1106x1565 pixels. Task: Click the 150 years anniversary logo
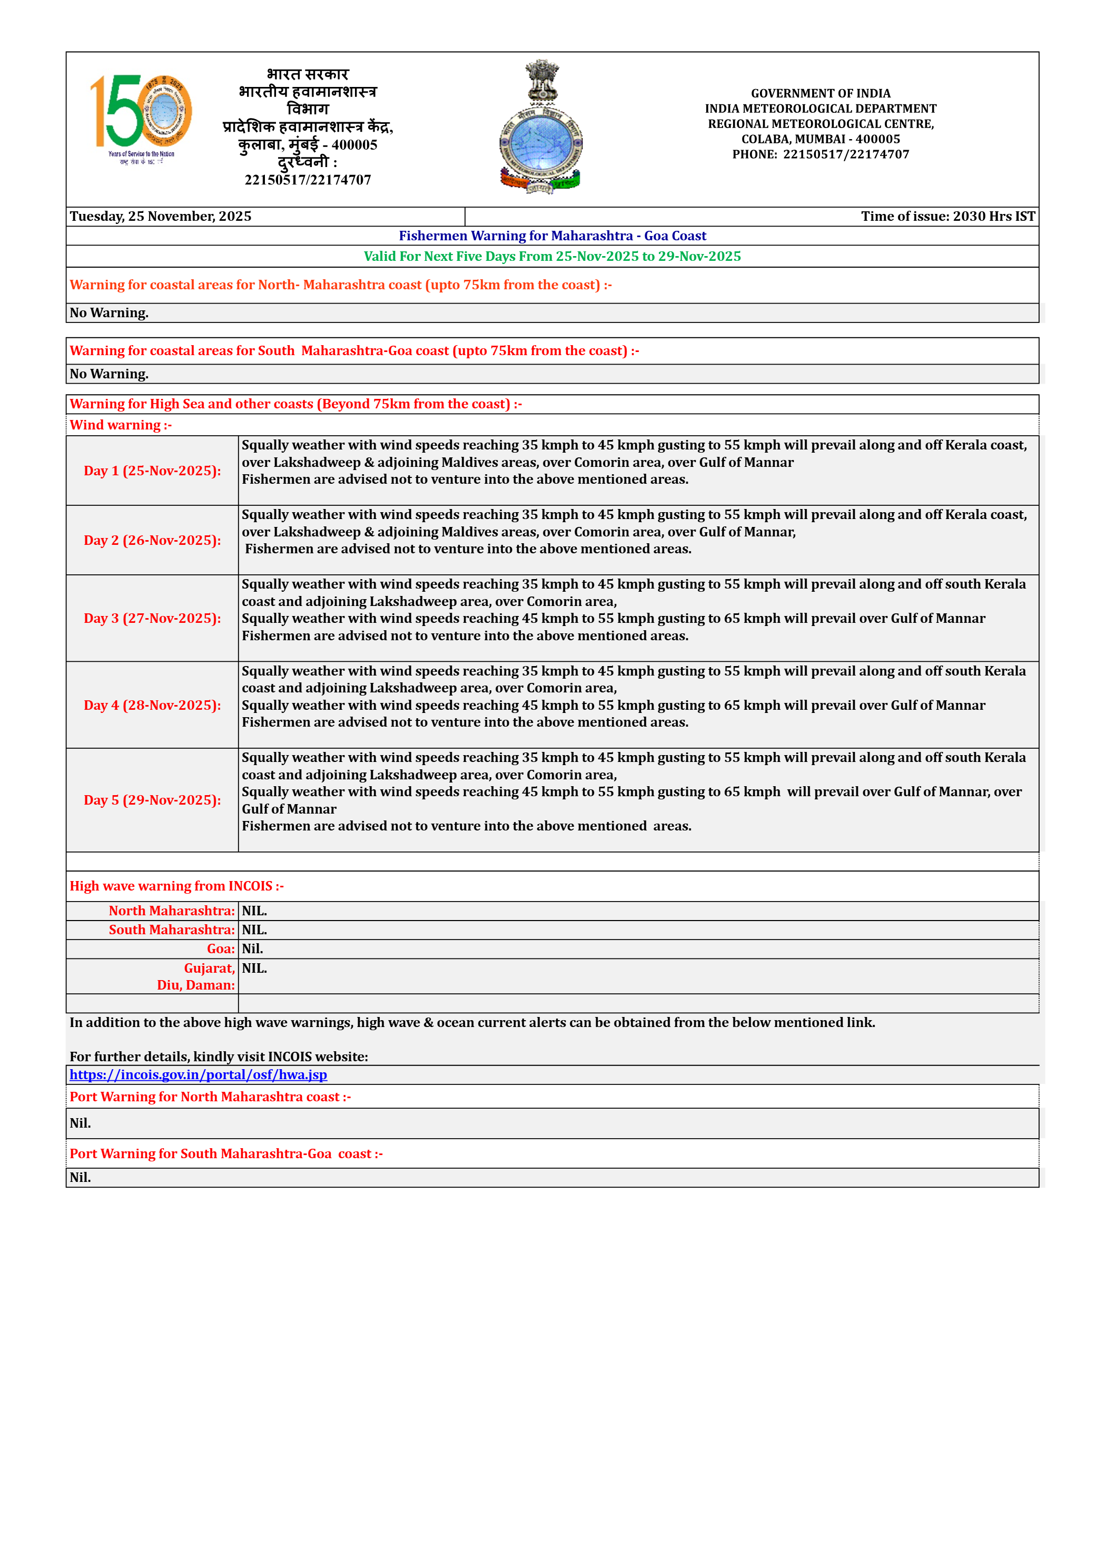coord(141,118)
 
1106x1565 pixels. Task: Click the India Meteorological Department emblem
coord(540,128)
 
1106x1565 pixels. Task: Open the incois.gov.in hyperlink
coord(199,1075)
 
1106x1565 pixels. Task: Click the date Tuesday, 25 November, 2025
coord(161,217)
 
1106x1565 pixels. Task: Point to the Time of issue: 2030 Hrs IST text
coord(947,217)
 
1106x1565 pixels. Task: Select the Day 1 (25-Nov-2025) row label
coord(152,471)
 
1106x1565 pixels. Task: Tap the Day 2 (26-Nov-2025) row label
coord(152,541)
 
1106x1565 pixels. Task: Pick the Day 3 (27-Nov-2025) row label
coord(152,618)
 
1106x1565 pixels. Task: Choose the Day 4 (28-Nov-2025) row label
coord(152,706)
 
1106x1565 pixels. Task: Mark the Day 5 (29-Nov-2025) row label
coord(152,800)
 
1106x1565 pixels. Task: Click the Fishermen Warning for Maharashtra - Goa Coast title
coord(552,236)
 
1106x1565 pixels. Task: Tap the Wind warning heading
coord(121,425)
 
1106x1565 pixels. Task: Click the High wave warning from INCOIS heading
coord(176,886)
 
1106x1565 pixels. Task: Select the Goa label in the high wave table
coord(221,949)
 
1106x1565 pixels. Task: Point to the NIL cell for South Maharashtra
coord(254,930)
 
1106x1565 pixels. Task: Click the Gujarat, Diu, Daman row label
coord(196,976)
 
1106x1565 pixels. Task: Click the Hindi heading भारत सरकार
coord(308,74)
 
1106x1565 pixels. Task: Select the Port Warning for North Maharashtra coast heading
coord(210,1097)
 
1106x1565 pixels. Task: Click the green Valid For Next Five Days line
coord(552,256)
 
